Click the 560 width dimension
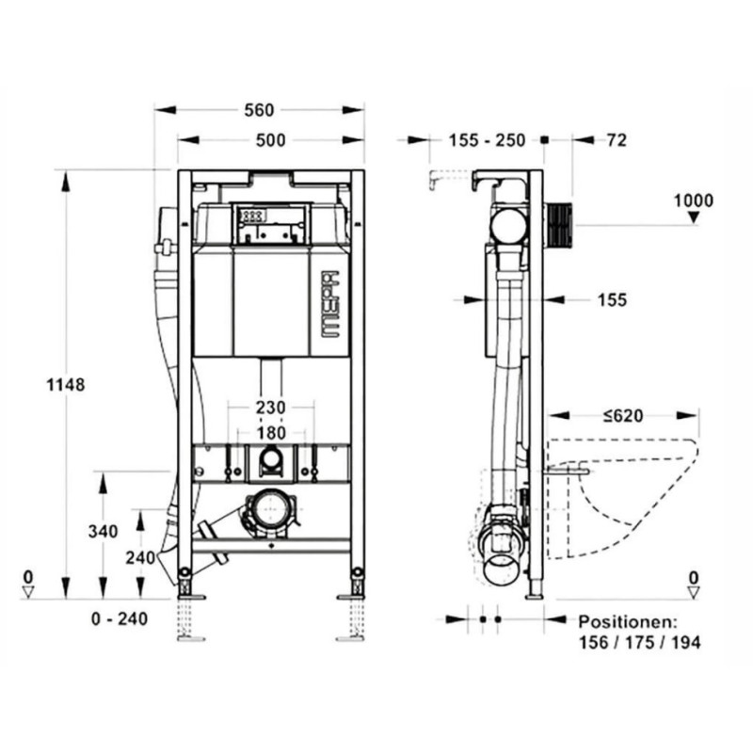pos(259,110)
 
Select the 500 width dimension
pos(271,140)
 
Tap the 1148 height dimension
pos(65,385)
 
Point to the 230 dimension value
pos(270,408)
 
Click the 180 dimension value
pos(271,433)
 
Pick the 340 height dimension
pos(103,532)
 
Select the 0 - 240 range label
pos(120,619)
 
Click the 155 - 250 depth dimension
pos(487,140)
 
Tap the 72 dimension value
pos(617,140)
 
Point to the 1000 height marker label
pos(694,200)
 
